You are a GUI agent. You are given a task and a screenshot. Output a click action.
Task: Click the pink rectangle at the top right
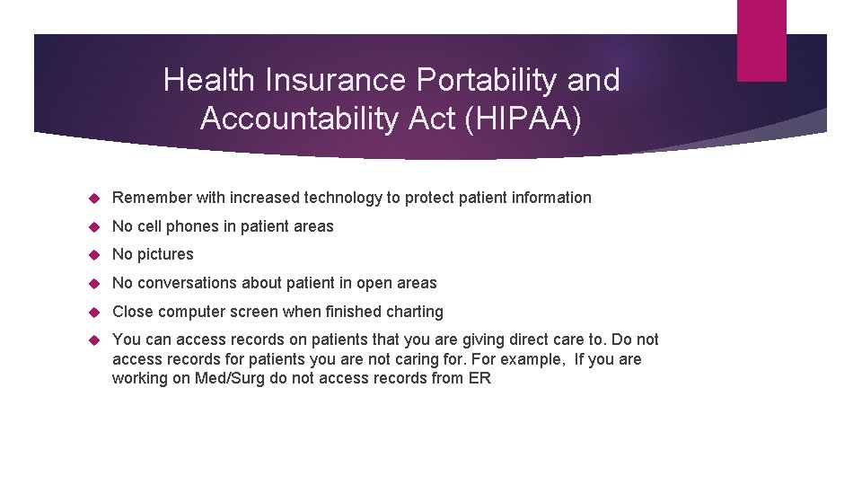point(761,40)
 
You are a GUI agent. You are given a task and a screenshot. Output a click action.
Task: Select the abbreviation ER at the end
point(479,378)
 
